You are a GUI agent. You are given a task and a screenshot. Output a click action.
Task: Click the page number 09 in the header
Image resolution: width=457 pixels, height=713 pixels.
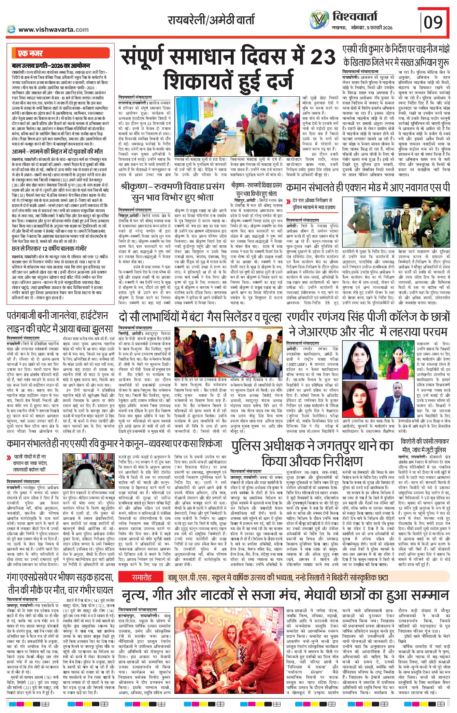click(433, 22)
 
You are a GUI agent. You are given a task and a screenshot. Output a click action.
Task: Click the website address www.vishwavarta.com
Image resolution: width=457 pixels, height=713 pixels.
click(53, 30)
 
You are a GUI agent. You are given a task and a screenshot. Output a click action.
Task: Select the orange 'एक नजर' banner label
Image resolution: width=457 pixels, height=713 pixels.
click(30, 53)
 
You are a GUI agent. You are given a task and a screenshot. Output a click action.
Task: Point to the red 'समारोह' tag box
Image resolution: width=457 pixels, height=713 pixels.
click(142, 577)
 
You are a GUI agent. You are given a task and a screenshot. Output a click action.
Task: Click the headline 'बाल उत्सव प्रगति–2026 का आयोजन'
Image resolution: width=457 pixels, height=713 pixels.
click(51, 66)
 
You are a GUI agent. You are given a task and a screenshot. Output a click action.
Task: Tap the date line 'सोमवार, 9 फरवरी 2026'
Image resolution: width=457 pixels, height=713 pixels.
click(372, 28)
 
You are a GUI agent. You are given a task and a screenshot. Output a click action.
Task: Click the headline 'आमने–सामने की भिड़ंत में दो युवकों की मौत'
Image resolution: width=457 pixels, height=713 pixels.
click(57, 151)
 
